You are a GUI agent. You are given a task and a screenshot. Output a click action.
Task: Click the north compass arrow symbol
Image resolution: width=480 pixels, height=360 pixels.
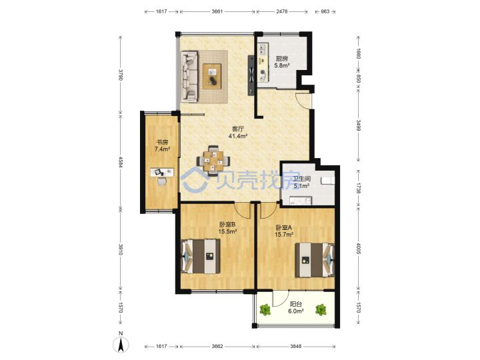pyautogui.click(x=121, y=345)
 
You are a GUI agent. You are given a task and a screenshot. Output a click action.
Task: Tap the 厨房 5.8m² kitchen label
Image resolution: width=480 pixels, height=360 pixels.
pyautogui.click(x=282, y=62)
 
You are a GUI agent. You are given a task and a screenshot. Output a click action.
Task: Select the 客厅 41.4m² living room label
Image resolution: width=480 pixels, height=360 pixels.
pyautogui.click(x=238, y=132)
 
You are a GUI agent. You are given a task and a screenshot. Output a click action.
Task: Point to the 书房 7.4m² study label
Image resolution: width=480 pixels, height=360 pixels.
pyautogui.click(x=162, y=146)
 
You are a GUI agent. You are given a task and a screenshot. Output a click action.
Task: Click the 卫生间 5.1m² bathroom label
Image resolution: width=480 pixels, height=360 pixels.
pyautogui.click(x=301, y=182)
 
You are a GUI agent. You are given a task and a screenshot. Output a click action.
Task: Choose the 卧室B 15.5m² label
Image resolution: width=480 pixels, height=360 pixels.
pyautogui.click(x=227, y=228)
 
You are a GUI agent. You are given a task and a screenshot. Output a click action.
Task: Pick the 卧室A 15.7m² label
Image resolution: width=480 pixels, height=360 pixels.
pyautogui.click(x=285, y=231)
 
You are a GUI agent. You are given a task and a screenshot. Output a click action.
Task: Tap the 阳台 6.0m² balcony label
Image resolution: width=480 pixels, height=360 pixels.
pyautogui.click(x=296, y=307)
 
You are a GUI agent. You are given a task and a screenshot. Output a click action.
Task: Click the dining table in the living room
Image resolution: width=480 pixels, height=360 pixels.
pyautogui.click(x=213, y=161)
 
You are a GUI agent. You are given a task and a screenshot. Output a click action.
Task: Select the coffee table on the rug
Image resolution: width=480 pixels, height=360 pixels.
pyautogui.click(x=212, y=76)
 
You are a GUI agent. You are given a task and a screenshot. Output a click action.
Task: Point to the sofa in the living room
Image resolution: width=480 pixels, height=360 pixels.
pyautogui.click(x=189, y=77)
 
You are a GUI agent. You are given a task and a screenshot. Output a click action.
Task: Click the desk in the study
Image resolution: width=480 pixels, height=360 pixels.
pyautogui.click(x=162, y=173)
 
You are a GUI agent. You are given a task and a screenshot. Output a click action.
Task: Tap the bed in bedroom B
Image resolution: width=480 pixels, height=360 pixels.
pyautogui.click(x=201, y=256)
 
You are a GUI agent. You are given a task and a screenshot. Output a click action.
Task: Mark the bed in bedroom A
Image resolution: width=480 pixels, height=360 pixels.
pyautogui.click(x=315, y=260)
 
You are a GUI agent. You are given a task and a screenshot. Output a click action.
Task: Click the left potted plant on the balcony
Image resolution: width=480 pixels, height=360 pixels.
pyautogui.click(x=265, y=309)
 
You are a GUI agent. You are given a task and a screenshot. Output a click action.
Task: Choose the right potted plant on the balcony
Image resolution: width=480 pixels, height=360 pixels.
pyautogui.click(x=321, y=309)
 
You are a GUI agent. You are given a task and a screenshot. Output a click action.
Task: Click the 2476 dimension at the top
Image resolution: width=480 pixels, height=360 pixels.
pyautogui.click(x=281, y=11)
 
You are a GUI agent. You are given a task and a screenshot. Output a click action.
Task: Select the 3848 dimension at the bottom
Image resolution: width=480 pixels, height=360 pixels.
pyautogui.click(x=296, y=346)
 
